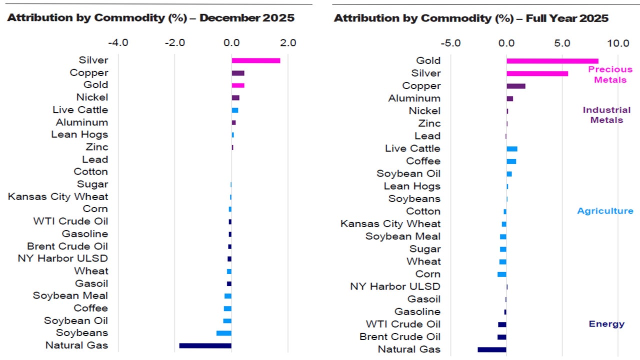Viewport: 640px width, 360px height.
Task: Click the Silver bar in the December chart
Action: [x=255, y=60]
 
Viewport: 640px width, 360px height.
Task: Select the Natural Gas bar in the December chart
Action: [x=205, y=345]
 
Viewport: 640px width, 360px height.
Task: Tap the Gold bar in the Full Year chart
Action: [x=552, y=61]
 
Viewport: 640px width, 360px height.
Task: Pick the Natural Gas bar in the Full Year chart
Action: [x=492, y=349]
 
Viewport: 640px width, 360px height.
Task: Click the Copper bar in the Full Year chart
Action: [x=515, y=86]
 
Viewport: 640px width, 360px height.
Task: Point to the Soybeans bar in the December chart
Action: [x=223, y=333]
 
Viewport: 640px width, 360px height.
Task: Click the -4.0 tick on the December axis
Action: [x=118, y=42]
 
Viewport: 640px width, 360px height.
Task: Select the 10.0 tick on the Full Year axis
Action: [x=618, y=43]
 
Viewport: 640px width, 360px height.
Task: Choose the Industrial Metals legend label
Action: [x=606, y=114]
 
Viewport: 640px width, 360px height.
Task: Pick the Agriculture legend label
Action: [x=605, y=211]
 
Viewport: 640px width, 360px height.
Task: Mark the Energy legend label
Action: [x=606, y=324]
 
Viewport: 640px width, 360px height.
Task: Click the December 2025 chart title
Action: [x=150, y=18]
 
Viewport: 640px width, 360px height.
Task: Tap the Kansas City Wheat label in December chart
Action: [x=58, y=196]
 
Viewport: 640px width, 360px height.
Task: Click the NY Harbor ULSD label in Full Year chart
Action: [x=395, y=286]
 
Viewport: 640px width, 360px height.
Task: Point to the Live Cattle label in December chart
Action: [x=80, y=109]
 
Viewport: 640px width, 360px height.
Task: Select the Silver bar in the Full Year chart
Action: [x=537, y=73]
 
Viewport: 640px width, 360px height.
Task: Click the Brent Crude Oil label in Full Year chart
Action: [x=400, y=336]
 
